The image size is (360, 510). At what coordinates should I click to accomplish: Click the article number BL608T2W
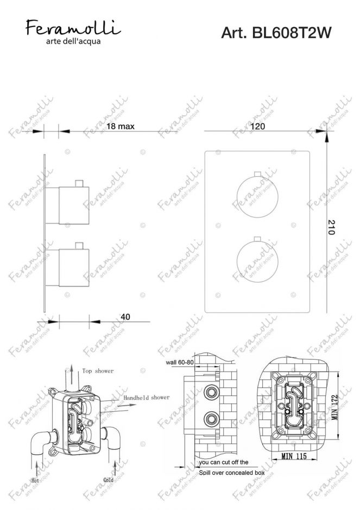(276, 34)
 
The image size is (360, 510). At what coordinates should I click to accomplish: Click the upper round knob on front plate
(257, 196)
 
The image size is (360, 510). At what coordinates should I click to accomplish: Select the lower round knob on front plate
(257, 258)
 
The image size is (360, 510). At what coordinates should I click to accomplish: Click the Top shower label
(98, 371)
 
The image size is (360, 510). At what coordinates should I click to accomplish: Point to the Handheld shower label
(145, 398)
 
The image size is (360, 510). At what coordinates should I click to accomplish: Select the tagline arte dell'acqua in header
(73, 41)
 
